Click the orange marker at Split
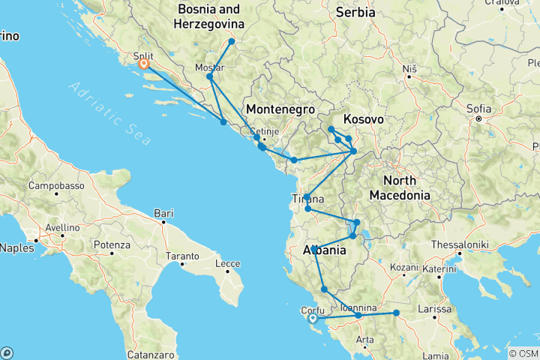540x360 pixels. pos(143,64)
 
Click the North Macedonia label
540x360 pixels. pos(406,187)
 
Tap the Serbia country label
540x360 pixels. pos(355,13)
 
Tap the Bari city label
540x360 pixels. pos(163,214)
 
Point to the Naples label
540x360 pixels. pos(15,247)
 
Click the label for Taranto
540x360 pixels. pos(183,256)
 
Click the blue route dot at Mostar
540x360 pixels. pos(210,76)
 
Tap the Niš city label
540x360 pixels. pos(409,69)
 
